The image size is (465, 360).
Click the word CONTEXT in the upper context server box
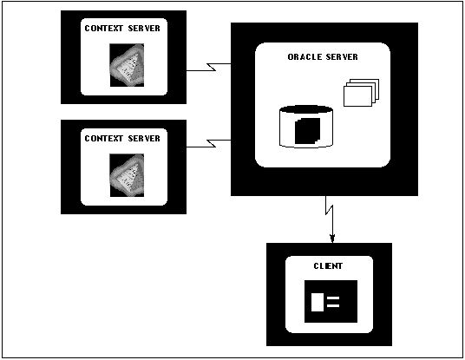click(104, 28)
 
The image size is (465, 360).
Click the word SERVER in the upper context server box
click(144, 28)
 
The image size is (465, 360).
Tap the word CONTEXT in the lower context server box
click(104, 139)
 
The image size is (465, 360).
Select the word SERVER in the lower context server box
click(144, 139)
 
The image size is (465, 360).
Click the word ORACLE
click(305, 57)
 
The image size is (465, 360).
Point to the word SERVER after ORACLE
click(342, 57)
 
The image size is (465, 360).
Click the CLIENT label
click(328, 266)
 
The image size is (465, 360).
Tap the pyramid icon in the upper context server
click(127, 65)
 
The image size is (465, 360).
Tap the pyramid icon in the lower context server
click(127, 175)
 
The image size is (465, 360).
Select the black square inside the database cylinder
click(307, 131)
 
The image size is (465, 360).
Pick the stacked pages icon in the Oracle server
click(361, 93)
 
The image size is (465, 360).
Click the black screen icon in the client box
click(331, 301)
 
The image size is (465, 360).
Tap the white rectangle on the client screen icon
click(318, 302)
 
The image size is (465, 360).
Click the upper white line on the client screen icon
click(333, 298)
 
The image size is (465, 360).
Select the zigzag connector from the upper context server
click(211, 68)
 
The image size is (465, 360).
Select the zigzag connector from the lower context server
click(211, 143)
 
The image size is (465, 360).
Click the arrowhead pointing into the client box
click(332, 239)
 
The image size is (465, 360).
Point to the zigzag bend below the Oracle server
click(329, 209)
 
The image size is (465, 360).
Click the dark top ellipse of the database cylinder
click(306, 109)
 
